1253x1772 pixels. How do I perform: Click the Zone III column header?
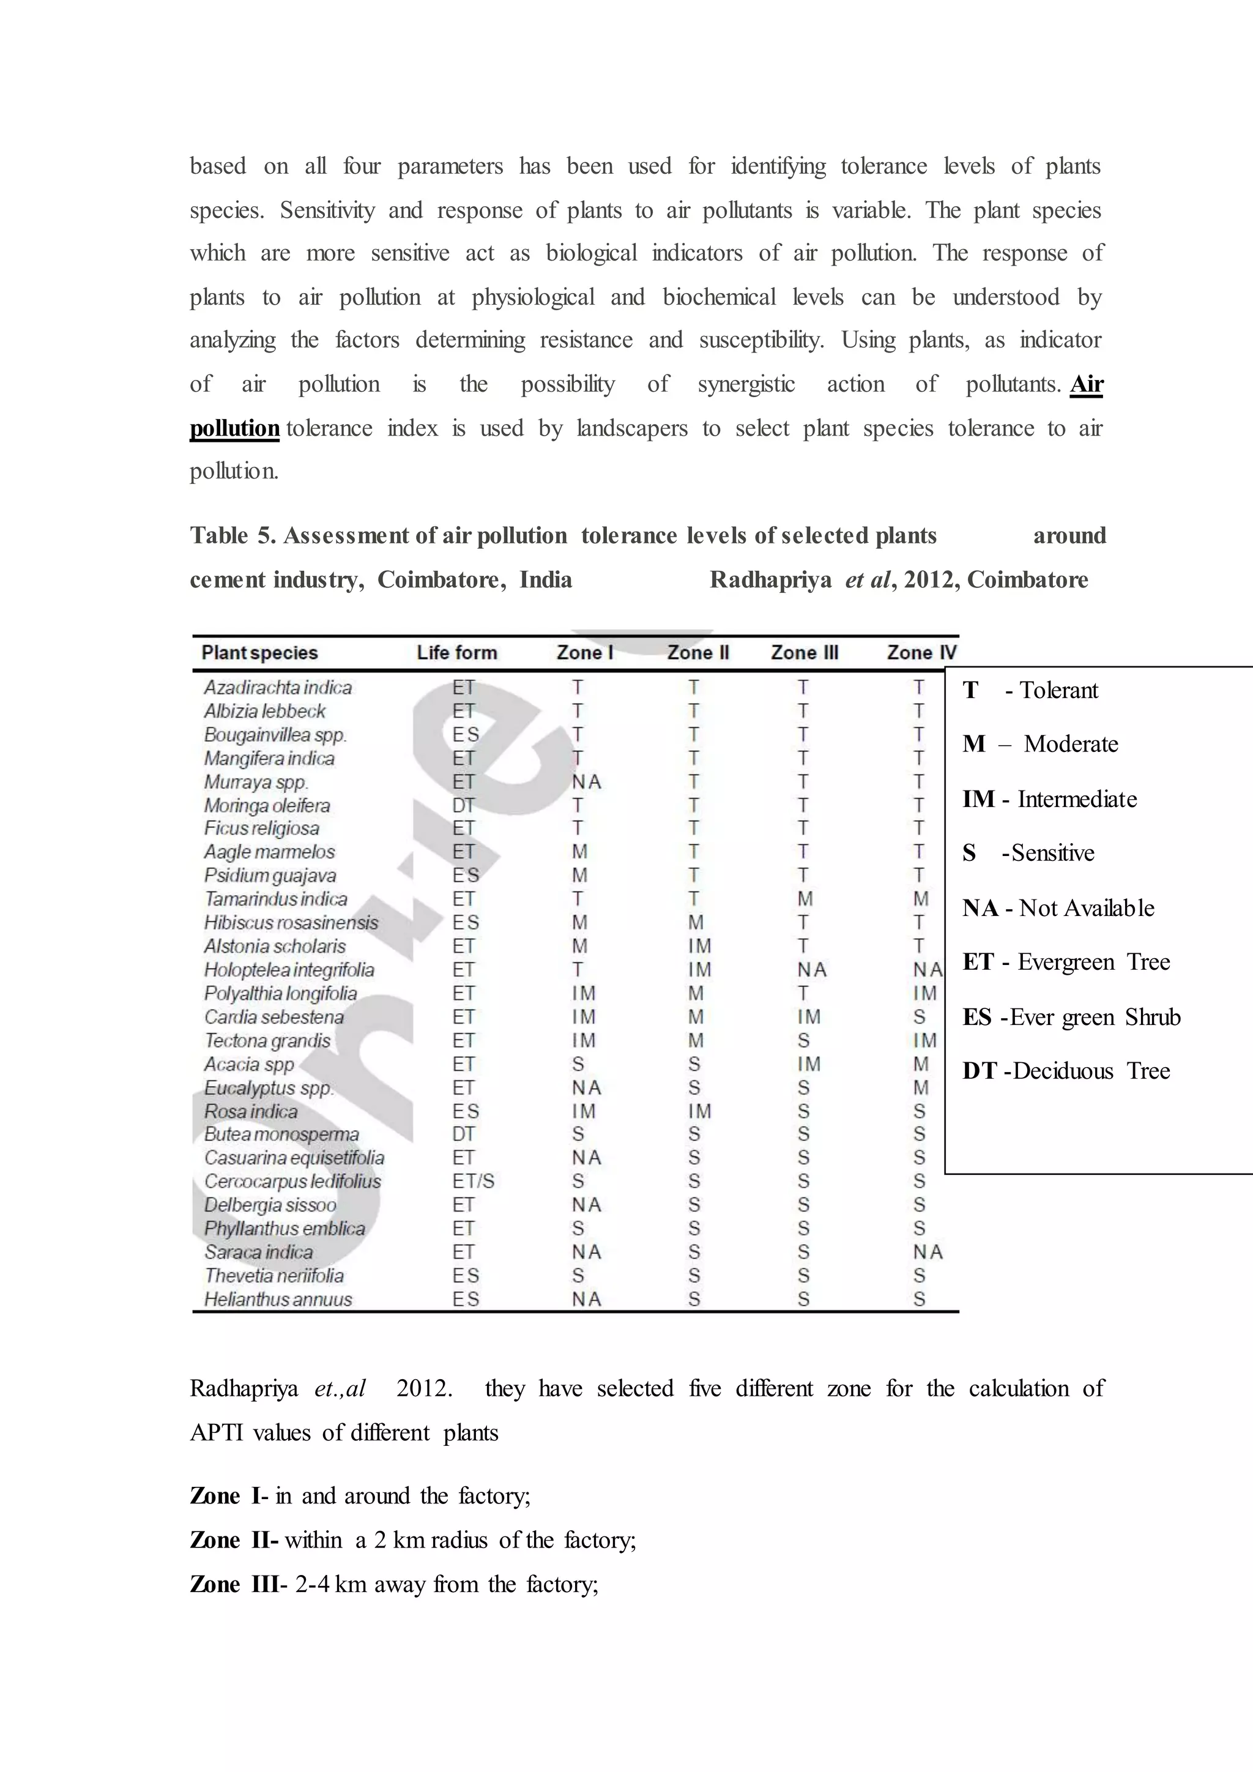click(x=804, y=653)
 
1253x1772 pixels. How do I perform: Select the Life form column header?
click(x=457, y=653)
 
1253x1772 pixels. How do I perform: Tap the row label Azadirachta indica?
click(x=278, y=688)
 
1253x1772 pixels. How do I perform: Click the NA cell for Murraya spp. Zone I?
click(x=586, y=782)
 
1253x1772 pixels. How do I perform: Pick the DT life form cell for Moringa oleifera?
click(x=464, y=806)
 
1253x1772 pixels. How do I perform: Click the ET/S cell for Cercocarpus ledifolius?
click(x=473, y=1182)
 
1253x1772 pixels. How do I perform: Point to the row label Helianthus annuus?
click(x=278, y=1300)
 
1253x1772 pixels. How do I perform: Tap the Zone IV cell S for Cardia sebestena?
click(x=919, y=1017)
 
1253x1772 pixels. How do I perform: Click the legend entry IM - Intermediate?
click(x=1049, y=800)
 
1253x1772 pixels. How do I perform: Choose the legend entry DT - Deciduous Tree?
click(x=1066, y=1071)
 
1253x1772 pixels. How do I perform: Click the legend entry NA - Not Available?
click(x=1058, y=909)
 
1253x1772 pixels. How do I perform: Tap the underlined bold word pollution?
click(x=234, y=428)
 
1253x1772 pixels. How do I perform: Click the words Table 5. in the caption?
click(x=233, y=535)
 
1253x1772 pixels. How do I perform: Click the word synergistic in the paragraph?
click(x=746, y=384)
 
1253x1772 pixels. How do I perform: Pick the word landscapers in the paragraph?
click(x=632, y=428)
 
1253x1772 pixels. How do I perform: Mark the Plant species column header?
click(x=259, y=653)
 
